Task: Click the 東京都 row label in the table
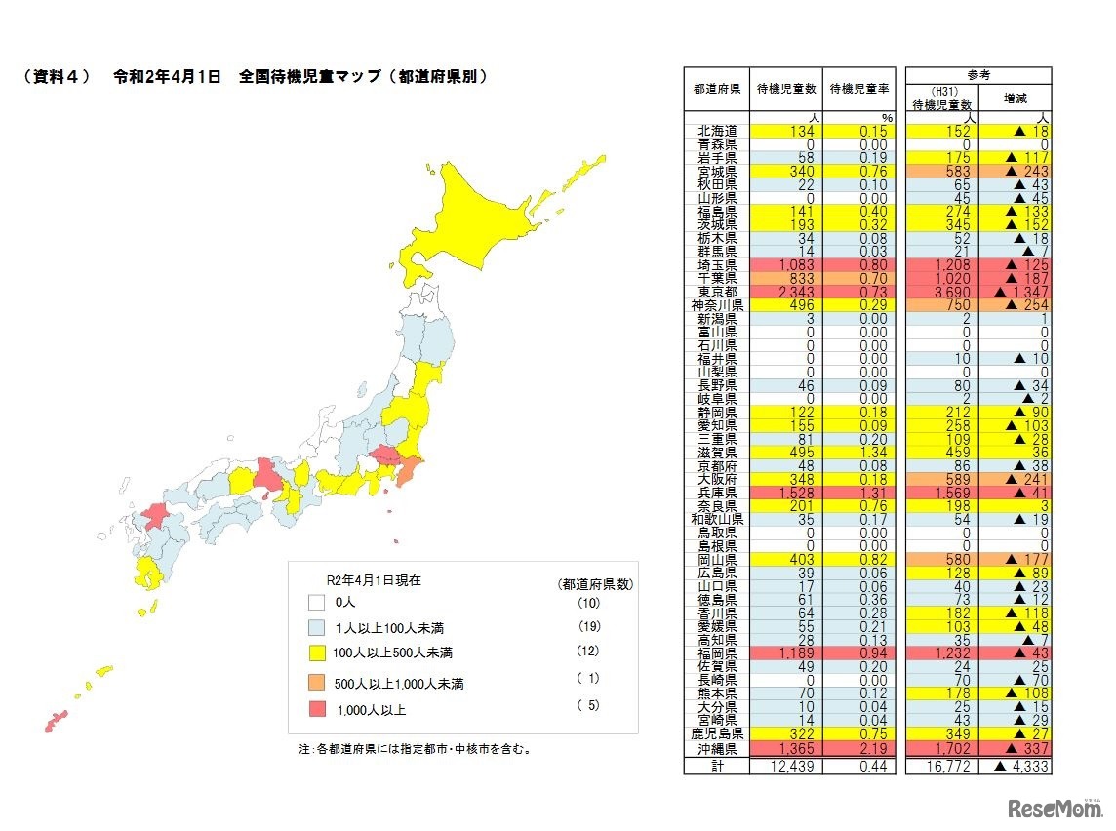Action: pyautogui.click(x=717, y=292)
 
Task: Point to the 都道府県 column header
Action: pyautogui.click(x=717, y=89)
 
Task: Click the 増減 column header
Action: pyautogui.click(x=1016, y=98)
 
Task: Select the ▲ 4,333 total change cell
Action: pyautogui.click(x=1016, y=767)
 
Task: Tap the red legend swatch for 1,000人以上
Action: pyautogui.click(x=315, y=708)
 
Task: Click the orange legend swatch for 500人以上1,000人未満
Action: pyautogui.click(x=315, y=682)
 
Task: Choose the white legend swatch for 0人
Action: pyautogui.click(x=315, y=603)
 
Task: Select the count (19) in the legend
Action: pyautogui.click(x=587, y=625)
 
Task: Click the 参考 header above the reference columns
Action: pyautogui.click(x=978, y=74)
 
